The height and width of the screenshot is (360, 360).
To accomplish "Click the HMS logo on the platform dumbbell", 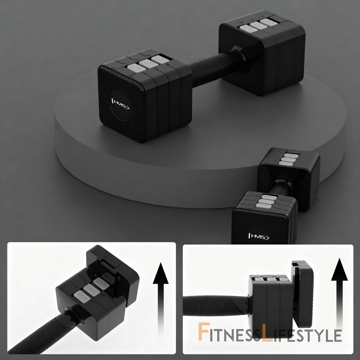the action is click(120, 104).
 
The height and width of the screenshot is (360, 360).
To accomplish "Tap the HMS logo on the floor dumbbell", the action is click(259, 236).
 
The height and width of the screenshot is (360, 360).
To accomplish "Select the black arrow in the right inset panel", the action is click(339, 294).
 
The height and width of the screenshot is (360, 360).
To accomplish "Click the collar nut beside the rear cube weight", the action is click(240, 56).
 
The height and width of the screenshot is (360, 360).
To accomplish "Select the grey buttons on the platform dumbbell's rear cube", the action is click(259, 25).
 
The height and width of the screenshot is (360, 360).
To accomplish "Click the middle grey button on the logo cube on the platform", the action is click(148, 64).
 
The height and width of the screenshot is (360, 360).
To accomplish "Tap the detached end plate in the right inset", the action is click(302, 294).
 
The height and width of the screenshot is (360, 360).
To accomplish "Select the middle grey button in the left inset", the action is click(91, 290).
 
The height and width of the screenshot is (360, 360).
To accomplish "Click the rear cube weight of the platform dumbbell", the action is click(262, 52).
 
